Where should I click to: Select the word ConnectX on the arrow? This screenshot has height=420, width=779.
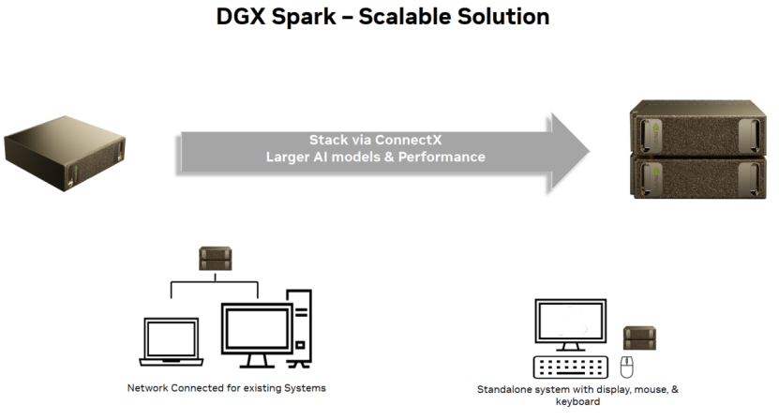[x=408, y=140]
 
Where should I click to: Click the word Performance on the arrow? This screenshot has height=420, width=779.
[x=442, y=157]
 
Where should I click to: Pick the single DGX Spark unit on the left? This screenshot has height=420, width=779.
[x=65, y=153]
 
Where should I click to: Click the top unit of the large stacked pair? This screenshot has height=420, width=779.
[x=697, y=127]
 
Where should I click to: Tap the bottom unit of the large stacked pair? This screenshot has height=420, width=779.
[x=697, y=177]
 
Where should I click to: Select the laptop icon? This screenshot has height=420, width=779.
[x=172, y=342]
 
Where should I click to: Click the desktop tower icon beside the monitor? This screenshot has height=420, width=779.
[x=301, y=328]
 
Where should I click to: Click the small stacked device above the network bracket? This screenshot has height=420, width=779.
[x=215, y=259]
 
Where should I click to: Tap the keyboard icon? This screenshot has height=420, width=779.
[x=570, y=367]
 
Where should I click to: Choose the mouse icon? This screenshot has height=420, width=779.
[x=626, y=367]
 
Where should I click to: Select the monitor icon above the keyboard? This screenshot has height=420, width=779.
[x=570, y=325]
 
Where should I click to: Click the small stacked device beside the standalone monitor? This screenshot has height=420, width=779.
[x=640, y=338]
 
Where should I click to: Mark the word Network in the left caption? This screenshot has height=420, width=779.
[x=147, y=388]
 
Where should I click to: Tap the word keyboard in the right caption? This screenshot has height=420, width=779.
[x=577, y=401]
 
